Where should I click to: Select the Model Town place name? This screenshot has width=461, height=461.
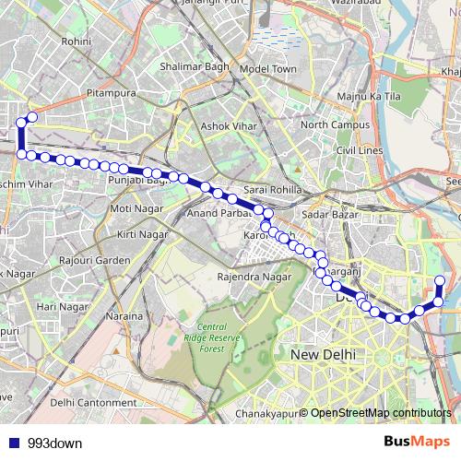(268, 69)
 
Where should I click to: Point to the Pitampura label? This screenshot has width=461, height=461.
(111, 94)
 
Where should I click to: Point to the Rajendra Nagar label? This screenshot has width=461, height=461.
(254, 277)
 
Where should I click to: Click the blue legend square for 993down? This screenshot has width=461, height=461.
(13, 443)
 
